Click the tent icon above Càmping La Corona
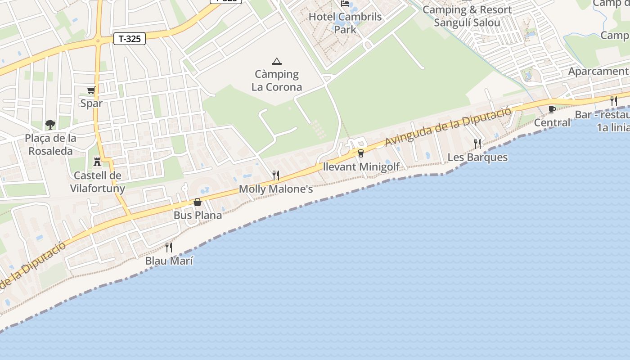click(x=276, y=61)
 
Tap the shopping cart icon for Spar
click(x=91, y=90)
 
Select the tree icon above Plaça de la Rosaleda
click(x=50, y=124)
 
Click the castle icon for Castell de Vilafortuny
click(x=97, y=162)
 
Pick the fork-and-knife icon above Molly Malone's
click(x=276, y=175)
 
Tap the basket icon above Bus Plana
click(x=198, y=202)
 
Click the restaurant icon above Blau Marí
click(x=169, y=247)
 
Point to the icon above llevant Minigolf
click(x=360, y=153)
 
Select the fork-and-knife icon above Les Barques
click(x=477, y=144)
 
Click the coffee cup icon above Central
click(x=552, y=109)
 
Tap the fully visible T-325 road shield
click(x=130, y=39)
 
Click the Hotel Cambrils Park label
click(x=345, y=23)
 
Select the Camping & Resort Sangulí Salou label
click(x=467, y=16)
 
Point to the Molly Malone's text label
click(x=276, y=189)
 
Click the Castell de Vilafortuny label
click(x=98, y=182)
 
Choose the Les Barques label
click(x=477, y=157)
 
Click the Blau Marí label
click(x=169, y=261)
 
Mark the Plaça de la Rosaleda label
click(x=50, y=144)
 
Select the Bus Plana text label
click(x=198, y=216)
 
